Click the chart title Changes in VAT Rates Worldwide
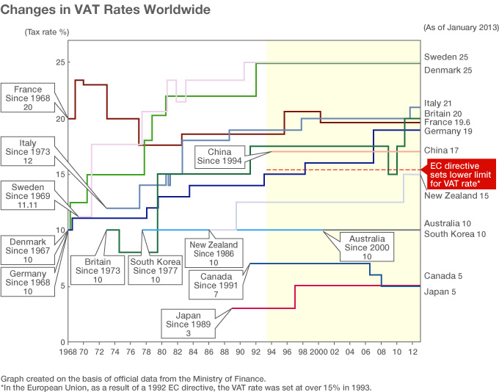click(106, 10)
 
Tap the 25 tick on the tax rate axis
click(59, 62)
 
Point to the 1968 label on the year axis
click(68, 352)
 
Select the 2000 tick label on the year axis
click(318, 352)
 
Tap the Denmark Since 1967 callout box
click(28, 250)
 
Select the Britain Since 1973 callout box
click(97, 269)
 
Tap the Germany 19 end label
click(448, 131)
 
